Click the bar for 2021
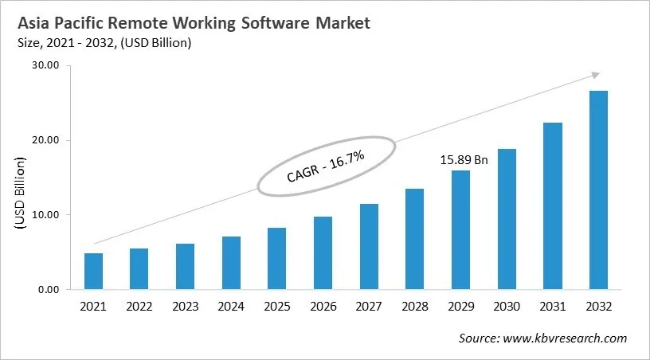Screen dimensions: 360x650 coord(93,272)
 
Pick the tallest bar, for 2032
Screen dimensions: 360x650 coord(598,190)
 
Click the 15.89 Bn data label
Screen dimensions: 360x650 coord(464,159)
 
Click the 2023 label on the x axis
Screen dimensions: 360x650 coord(186,307)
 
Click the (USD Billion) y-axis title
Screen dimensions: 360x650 coord(20,194)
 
